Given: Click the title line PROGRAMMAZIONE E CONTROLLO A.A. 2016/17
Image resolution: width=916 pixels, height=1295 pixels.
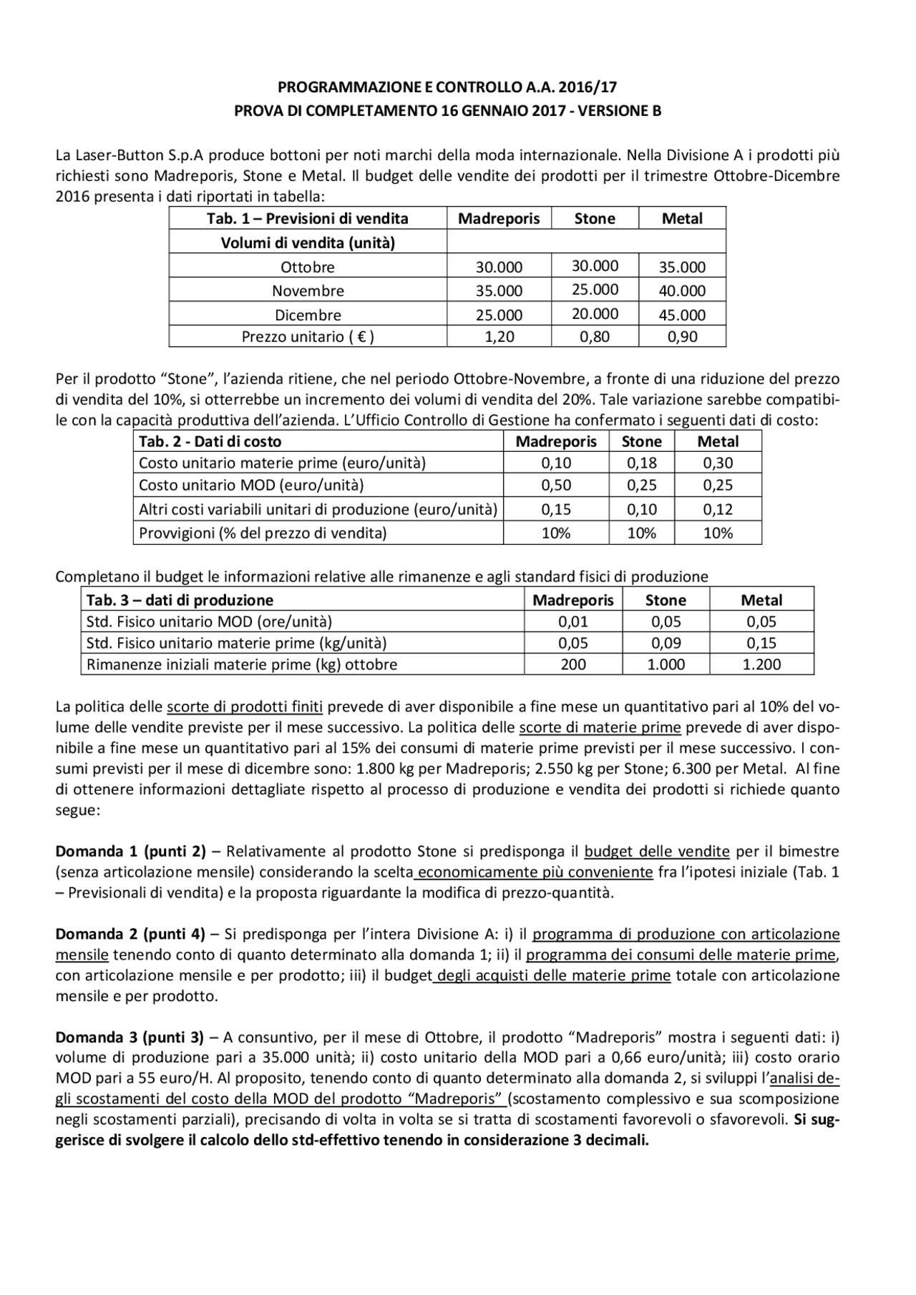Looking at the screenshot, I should click(447, 88).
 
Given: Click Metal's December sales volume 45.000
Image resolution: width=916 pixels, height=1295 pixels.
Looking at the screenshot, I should click(682, 315).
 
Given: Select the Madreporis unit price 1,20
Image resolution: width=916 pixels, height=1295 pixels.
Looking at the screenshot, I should click(499, 337).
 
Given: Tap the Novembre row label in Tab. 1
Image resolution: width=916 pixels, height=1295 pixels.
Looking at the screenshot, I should click(308, 291).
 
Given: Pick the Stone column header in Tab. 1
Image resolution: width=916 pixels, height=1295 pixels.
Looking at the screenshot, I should click(595, 219).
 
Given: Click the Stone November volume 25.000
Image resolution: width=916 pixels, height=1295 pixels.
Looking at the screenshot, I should click(595, 290).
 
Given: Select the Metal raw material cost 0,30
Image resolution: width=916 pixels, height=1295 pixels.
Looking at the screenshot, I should click(718, 463).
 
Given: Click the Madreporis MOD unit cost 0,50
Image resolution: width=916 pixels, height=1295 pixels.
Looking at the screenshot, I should click(556, 485).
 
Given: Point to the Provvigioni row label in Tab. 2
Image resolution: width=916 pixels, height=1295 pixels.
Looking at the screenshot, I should click(263, 533).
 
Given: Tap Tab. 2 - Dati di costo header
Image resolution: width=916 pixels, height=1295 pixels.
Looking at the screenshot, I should click(210, 442).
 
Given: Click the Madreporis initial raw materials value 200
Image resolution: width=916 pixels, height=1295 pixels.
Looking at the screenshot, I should click(573, 664).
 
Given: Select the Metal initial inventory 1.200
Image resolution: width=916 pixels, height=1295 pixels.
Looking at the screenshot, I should click(761, 664).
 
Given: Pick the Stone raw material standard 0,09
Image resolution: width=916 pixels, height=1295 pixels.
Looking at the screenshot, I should click(666, 643).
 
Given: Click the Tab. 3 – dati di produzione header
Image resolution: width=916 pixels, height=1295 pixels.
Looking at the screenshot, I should click(180, 600).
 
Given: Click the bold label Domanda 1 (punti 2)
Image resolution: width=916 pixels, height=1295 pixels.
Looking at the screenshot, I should click(130, 852).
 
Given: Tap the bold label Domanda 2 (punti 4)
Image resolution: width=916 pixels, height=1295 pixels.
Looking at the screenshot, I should click(130, 934).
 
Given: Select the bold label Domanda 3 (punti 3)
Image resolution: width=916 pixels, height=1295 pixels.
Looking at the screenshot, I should click(130, 1037).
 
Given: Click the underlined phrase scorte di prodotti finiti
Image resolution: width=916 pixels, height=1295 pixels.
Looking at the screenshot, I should click(245, 707).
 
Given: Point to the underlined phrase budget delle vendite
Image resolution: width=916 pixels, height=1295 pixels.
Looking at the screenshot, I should click(657, 852).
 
